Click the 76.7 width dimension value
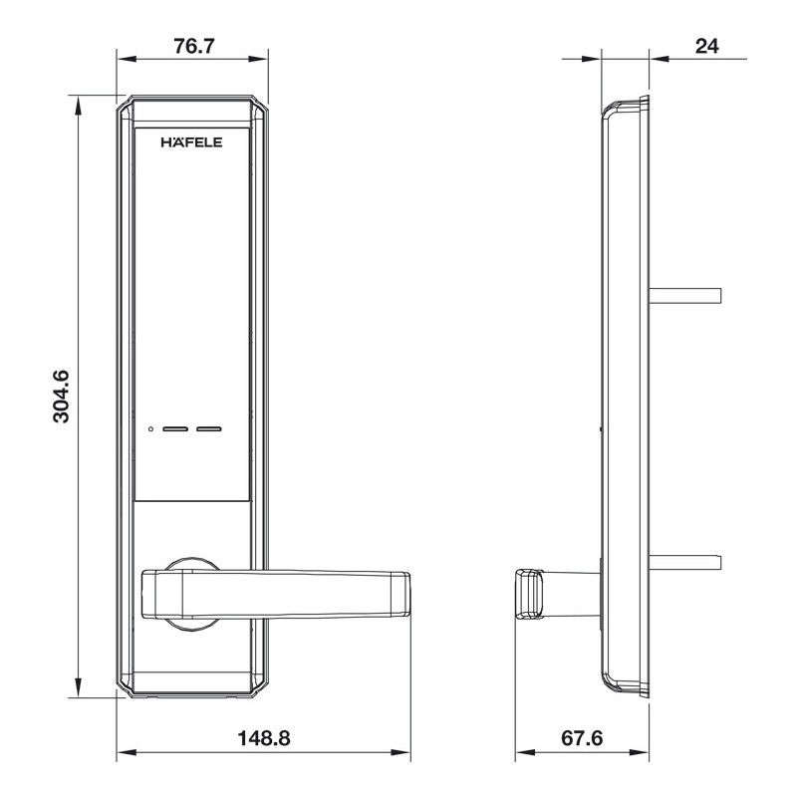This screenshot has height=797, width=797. tap(194, 46)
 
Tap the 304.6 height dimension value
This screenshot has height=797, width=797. tap(61, 397)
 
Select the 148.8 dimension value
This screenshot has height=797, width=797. tap(264, 738)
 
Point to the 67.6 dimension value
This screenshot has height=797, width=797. tap(582, 738)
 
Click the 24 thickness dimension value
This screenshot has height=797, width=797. tap(707, 46)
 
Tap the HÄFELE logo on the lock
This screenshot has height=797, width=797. tap(191, 142)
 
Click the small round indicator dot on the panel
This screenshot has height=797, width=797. tap(150, 429)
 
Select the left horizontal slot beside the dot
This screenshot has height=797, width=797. tap(175, 429)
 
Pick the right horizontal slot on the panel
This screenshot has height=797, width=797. tap(209, 429)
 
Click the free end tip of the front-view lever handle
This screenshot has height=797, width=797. tap(408, 594)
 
